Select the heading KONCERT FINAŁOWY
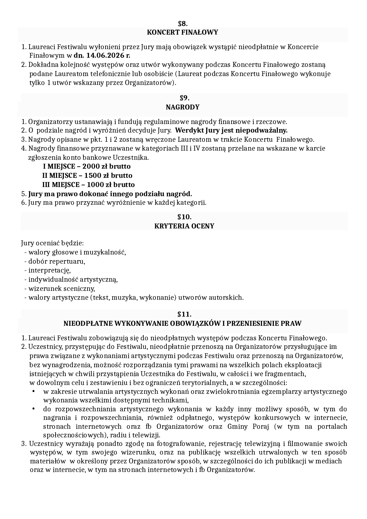tap(182, 32)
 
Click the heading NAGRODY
tap(182, 107)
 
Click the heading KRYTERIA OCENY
tap(184, 226)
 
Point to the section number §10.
tap(184, 217)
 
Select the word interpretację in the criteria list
tap(49, 270)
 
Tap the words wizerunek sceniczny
tap(61, 288)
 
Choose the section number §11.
tap(184, 314)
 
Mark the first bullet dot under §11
tap(33, 392)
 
